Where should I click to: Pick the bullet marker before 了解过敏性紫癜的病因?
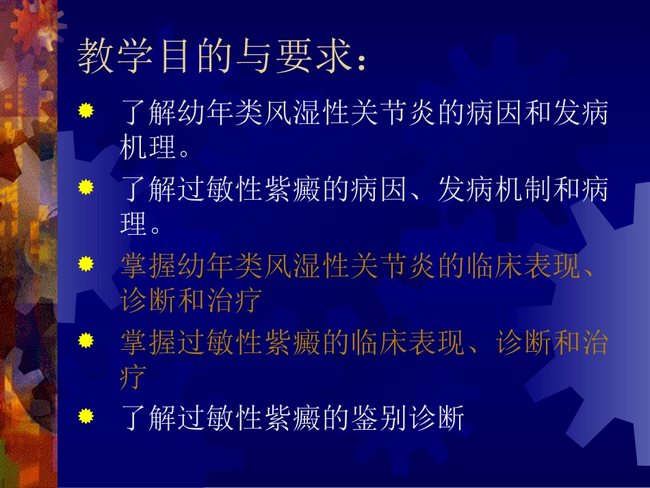(85, 186)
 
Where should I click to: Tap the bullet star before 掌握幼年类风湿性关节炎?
(85, 263)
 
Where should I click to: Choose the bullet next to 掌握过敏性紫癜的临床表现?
(85, 339)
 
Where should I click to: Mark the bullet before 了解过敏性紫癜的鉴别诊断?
(85, 415)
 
